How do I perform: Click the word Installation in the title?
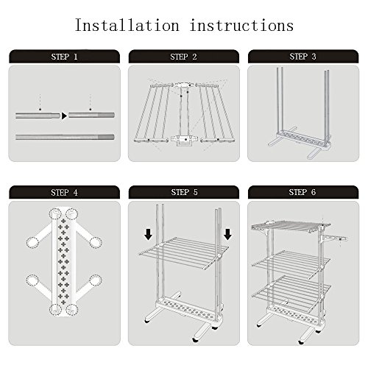127,25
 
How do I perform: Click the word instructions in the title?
241,25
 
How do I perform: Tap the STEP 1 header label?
64,57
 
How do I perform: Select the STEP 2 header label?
183,57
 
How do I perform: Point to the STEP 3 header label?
302,57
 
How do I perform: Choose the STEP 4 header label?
64,192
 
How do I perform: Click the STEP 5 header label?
184,192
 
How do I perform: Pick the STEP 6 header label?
302,192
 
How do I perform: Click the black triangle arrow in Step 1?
64,116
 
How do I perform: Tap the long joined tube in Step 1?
65,137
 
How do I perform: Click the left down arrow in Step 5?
148,234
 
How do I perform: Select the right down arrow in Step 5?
227,234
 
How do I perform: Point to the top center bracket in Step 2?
184,86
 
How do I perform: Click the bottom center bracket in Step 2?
183,141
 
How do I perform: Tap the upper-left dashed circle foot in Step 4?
33,242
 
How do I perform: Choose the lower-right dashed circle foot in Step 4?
96,280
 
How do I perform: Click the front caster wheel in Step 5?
195,340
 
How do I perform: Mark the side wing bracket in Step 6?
334,238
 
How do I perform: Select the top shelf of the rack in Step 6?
291,226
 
